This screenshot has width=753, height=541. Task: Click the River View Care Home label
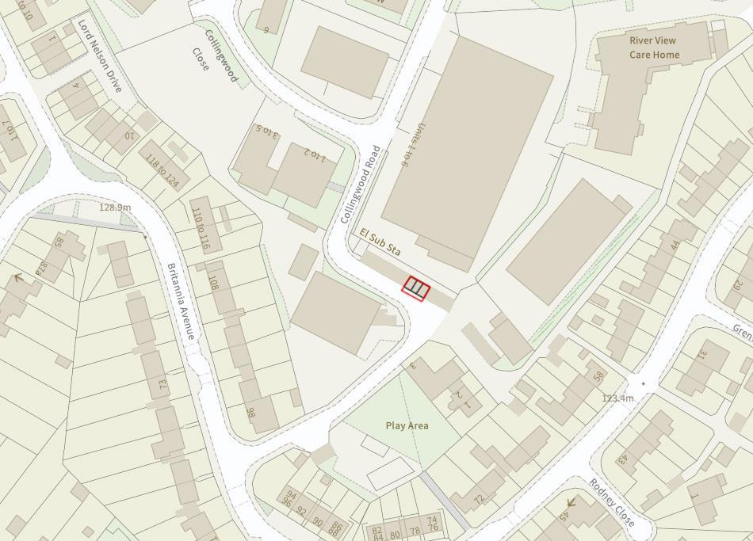[x=655, y=48]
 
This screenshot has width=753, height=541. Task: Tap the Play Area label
[x=407, y=425]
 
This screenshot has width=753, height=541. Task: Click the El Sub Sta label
[x=380, y=242]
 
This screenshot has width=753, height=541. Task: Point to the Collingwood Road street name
[x=361, y=185]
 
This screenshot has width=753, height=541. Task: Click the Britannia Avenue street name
[x=181, y=301]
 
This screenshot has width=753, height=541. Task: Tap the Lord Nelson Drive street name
[x=100, y=56]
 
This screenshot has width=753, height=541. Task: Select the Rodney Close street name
[x=612, y=503]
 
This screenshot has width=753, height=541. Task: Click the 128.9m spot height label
[x=115, y=208]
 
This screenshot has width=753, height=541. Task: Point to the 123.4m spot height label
[x=617, y=398]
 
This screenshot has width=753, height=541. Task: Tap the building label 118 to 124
[x=162, y=169]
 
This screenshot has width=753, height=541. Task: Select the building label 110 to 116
[x=201, y=230]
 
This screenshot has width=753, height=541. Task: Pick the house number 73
[x=163, y=385]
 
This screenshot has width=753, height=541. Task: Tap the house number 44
[x=675, y=246]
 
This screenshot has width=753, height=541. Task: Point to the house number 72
[x=478, y=499]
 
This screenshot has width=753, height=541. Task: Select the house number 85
[x=58, y=241]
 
